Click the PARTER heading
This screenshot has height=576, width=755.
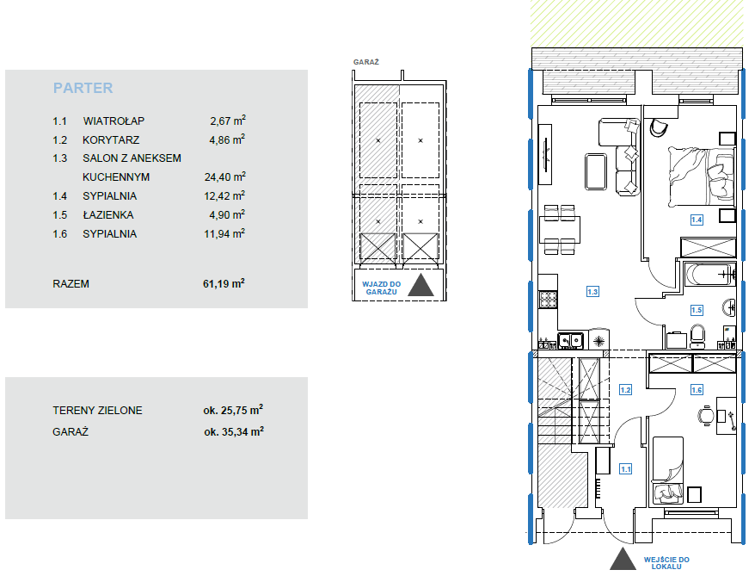tap(83, 88)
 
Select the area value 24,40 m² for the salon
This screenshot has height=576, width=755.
tap(224, 177)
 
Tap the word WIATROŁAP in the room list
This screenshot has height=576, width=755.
tap(114, 121)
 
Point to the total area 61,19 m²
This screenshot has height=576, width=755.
tap(224, 283)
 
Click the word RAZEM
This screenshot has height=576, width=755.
tap(71, 284)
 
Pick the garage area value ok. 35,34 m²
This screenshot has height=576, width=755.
tap(234, 431)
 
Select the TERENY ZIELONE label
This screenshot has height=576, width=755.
tap(97, 411)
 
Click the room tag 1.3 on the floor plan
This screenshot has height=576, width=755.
tap(592, 292)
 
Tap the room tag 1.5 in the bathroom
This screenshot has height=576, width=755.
tap(697, 310)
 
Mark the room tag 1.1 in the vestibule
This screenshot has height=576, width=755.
tap(625, 469)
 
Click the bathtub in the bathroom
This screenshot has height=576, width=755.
tap(710, 275)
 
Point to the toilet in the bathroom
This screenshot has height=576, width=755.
tap(697, 336)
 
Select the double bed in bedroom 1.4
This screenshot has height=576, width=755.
tap(702, 177)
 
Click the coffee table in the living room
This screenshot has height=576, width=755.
tap(596, 171)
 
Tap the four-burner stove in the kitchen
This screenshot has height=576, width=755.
tap(548, 300)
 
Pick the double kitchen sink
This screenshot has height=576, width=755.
tap(571, 341)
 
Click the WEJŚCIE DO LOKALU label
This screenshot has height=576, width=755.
tap(666, 563)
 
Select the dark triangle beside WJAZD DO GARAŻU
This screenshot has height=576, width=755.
tap(421, 285)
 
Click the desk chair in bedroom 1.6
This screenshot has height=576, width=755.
tap(706, 416)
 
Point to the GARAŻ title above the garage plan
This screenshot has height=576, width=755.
tap(366, 62)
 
